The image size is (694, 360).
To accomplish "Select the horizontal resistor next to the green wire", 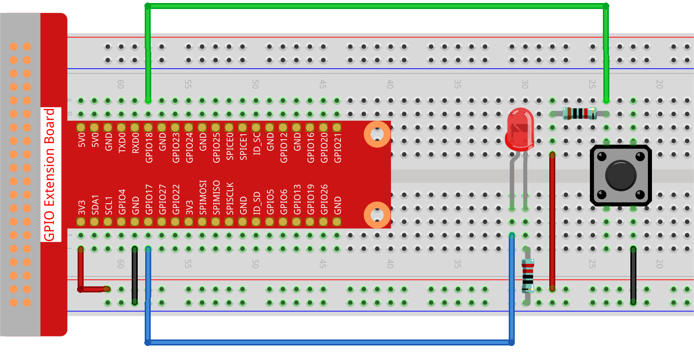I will click(579, 114).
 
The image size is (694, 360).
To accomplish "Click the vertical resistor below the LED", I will click(527, 276).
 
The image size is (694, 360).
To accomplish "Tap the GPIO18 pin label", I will click(149, 148).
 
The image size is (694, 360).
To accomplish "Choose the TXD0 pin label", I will click(122, 143).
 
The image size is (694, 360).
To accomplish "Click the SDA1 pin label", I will click(95, 205).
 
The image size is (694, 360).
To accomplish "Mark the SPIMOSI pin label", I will click(203, 198).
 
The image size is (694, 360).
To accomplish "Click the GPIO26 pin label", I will click(324, 199).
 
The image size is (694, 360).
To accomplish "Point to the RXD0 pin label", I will click(135, 143).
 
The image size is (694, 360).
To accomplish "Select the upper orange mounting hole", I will click(377, 134).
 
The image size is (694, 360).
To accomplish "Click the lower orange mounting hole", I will click(377, 215).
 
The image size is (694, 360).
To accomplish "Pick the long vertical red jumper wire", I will click(552, 220).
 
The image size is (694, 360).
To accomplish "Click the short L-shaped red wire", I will click(81, 273).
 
